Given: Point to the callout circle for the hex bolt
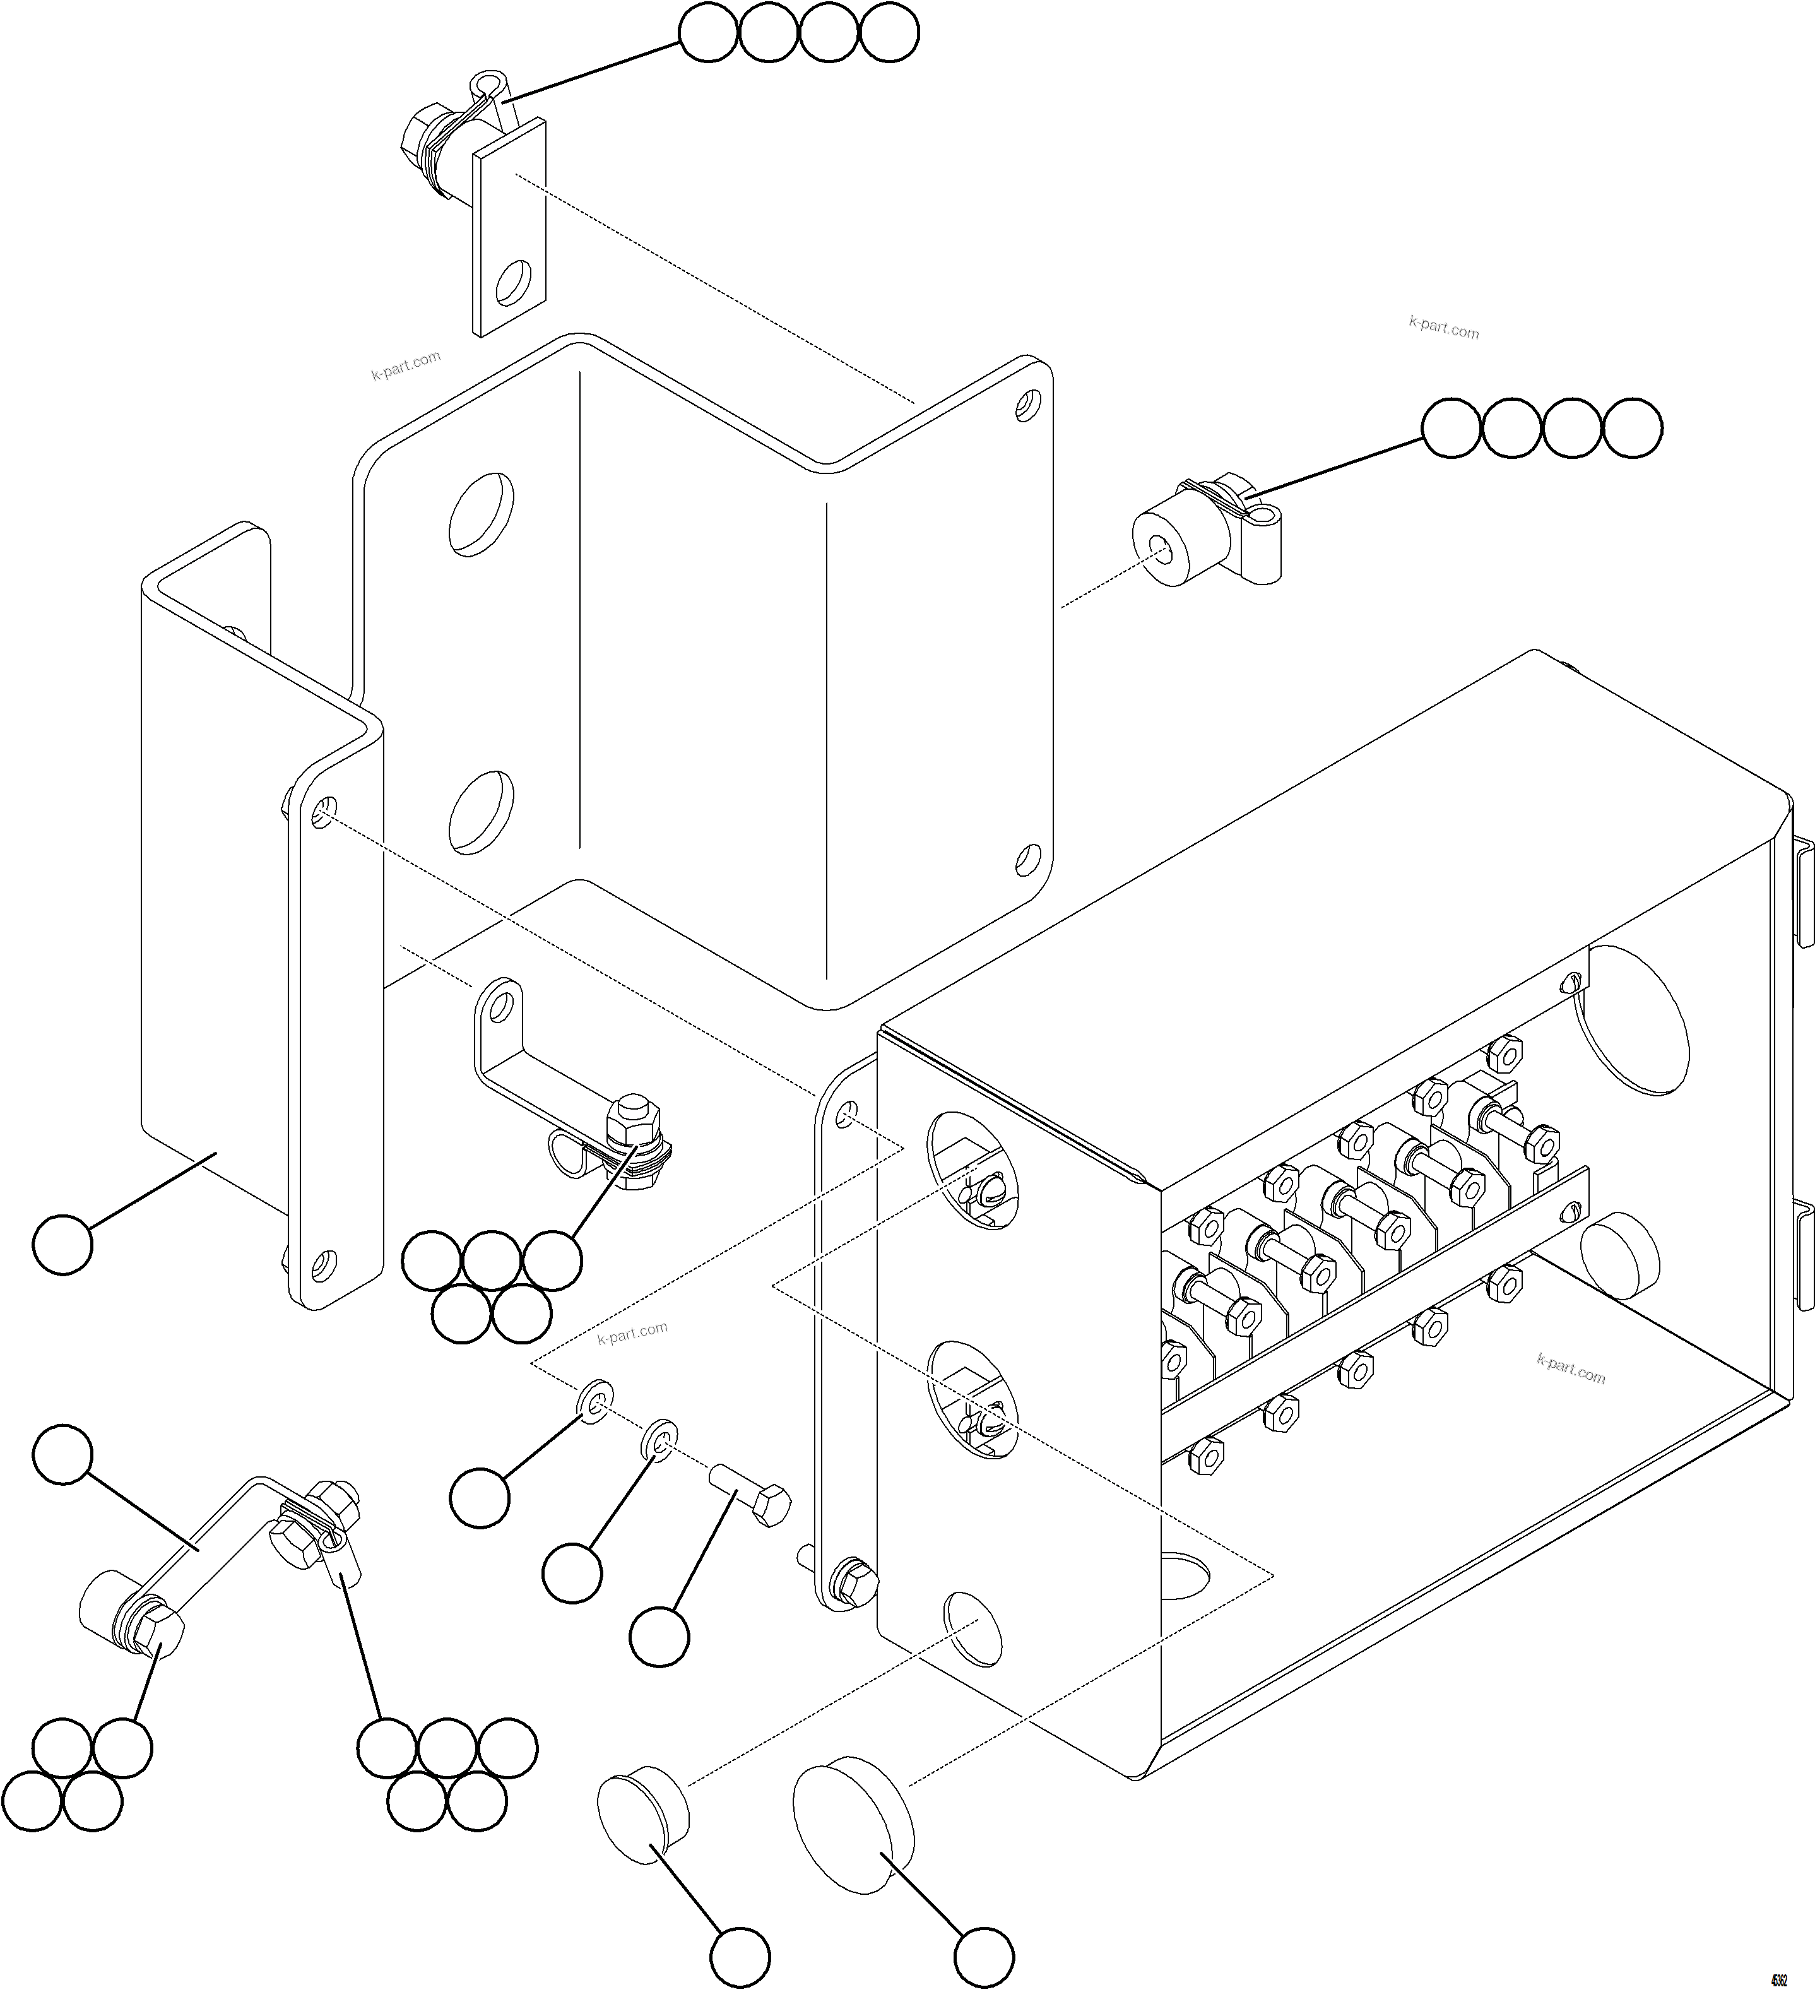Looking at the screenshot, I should pos(659,1637).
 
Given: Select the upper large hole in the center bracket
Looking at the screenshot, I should pos(481,513).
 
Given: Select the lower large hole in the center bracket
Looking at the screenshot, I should pos(481,812).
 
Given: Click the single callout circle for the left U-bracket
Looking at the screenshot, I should pos(62,1245).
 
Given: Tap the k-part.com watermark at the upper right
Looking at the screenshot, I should pos(1443,327).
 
